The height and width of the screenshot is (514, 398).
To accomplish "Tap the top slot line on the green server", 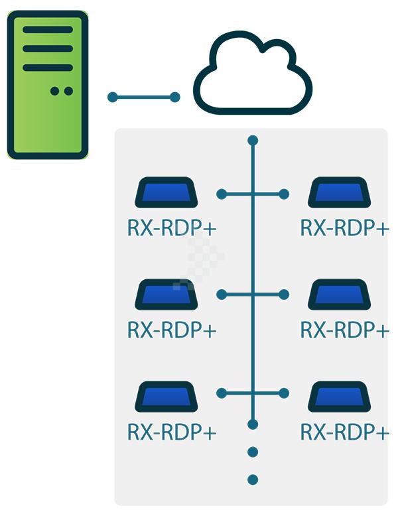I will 48,29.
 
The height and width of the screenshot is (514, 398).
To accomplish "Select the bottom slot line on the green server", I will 48,67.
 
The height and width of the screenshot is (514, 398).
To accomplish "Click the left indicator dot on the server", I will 54,91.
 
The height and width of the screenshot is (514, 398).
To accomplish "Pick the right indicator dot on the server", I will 68,91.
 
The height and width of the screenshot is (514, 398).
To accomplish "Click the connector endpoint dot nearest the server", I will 112,97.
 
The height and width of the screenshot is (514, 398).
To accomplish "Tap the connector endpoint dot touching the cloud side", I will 175,97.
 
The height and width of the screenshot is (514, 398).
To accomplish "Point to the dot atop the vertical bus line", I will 252,141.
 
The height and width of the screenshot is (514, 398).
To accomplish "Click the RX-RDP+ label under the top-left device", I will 172,227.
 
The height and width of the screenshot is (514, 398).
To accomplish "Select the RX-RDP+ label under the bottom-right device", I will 344,432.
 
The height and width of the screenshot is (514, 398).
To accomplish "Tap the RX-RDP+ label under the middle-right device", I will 344,330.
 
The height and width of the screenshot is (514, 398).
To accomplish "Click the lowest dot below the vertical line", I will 252,480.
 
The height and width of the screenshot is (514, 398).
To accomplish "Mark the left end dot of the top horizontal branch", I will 222,194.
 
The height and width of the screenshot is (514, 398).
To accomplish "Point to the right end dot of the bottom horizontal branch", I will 283,393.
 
